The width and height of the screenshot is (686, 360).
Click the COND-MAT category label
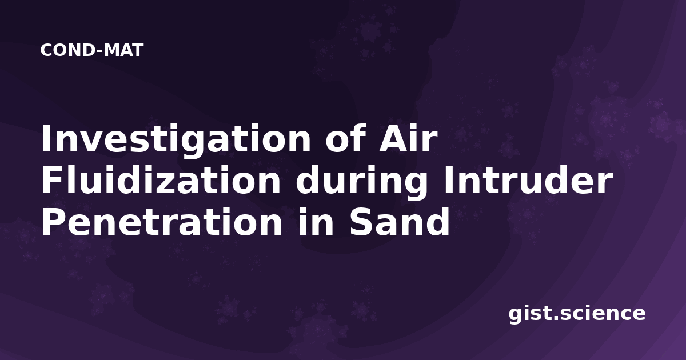92,50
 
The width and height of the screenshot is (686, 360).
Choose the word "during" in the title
362,183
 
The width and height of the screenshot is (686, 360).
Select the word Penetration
162,221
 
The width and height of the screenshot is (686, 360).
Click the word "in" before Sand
316,221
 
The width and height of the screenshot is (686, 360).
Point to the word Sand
400,221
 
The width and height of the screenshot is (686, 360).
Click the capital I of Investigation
46,138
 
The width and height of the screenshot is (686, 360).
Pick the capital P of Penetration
53,221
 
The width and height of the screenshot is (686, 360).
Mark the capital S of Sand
362,221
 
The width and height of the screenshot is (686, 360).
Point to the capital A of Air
393,138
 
